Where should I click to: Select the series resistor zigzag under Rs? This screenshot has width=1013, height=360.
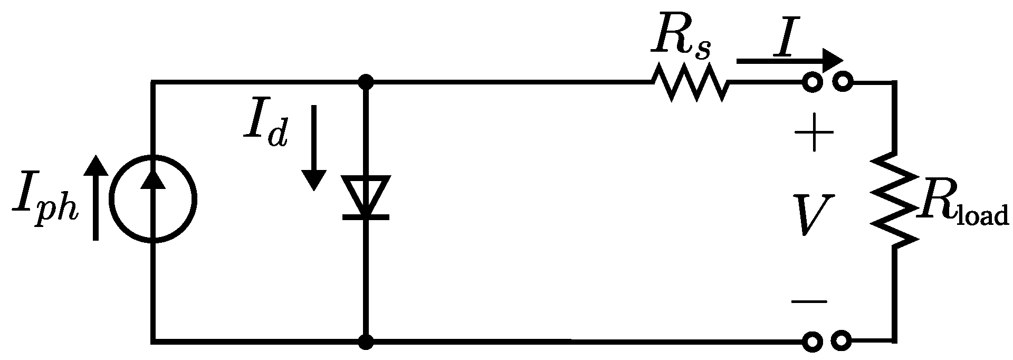[x=691, y=82]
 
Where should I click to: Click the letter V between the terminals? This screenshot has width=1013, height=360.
[x=815, y=214]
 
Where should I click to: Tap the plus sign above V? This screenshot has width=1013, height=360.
[x=814, y=133]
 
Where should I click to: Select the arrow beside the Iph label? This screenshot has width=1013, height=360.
[x=96, y=198]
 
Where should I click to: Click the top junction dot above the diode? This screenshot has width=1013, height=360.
[x=366, y=82]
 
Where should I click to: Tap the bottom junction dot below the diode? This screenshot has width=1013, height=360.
[x=366, y=342]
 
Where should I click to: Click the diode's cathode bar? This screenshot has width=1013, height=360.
[x=366, y=216]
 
